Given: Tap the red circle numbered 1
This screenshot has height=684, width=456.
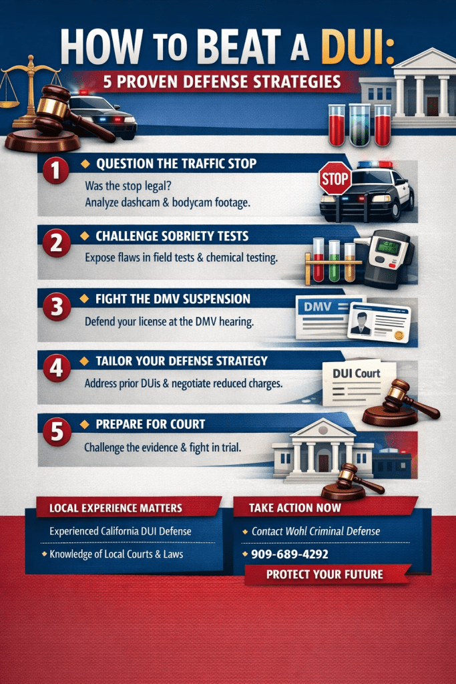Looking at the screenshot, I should click(56, 171).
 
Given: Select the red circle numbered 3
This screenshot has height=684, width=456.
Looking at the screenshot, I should click(55, 307).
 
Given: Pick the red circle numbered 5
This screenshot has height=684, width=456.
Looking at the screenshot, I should click(56, 432).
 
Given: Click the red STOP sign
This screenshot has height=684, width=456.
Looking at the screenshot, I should click(335, 179).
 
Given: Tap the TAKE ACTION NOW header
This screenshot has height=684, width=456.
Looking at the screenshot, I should click(294, 507).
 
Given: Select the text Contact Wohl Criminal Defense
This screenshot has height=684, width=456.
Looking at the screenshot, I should click(315, 531).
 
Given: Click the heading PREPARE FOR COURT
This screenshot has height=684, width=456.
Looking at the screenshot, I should click(150, 423).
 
